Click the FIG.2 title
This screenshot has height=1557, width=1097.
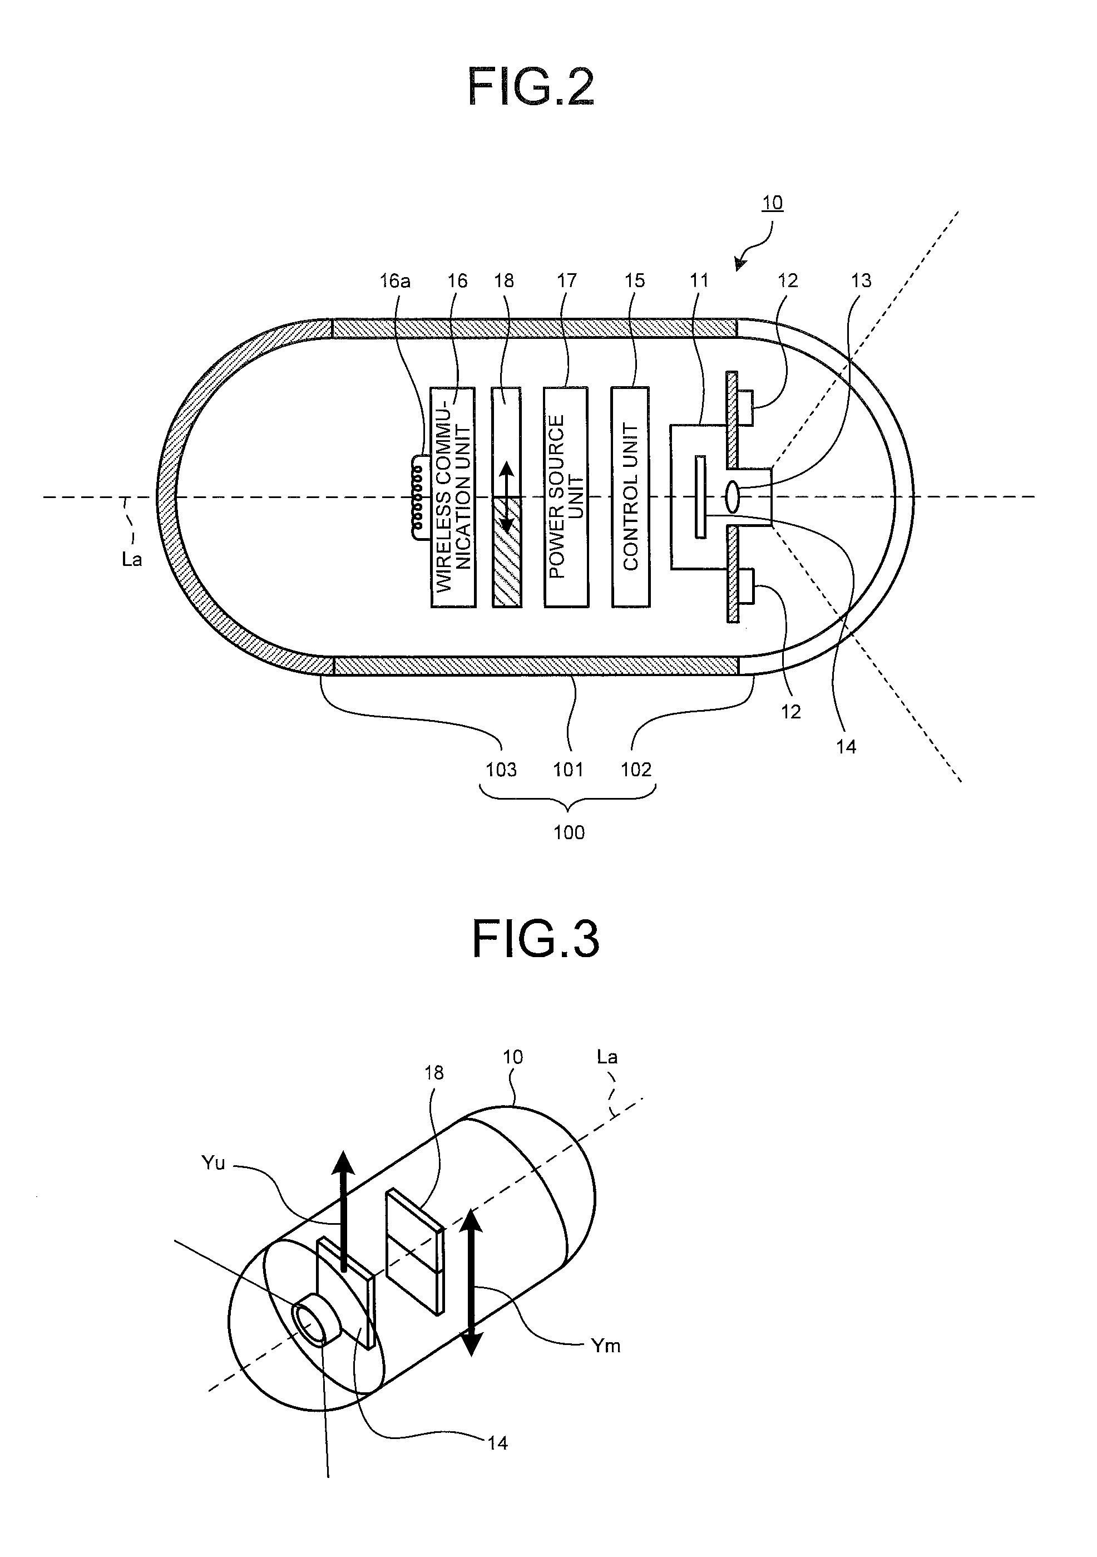coord(531,87)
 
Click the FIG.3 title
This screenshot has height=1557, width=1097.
coord(536,939)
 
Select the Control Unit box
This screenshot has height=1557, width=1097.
coord(630,496)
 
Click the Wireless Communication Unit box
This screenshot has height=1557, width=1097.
coord(453,496)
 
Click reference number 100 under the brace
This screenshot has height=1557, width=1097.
coord(569,832)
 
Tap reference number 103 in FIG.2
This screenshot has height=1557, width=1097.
coord(501,769)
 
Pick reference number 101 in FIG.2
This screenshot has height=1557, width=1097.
coord(568,769)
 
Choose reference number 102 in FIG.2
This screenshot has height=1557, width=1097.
coord(636,769)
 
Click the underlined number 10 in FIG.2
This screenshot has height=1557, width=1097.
coord(772,202)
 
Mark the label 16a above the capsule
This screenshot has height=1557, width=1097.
coord(394,281)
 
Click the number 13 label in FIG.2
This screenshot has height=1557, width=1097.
coord(861,281)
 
